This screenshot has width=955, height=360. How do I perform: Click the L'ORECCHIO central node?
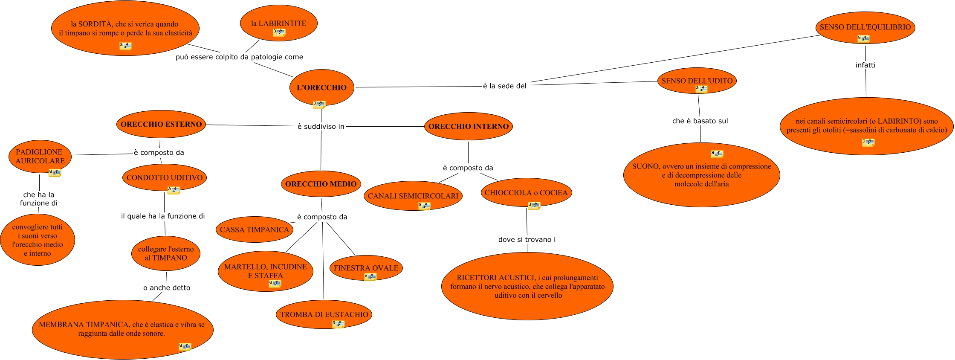tap(321, 87)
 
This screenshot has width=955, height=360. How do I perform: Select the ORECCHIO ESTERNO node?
tap(161, 125)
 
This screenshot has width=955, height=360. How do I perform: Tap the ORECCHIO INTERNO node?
tap(468, 126)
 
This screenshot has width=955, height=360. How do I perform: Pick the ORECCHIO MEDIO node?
tap(321, 184)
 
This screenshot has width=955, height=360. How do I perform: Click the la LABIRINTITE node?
tap(279, 23)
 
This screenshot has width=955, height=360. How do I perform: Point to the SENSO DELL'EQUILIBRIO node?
tap(865, 27)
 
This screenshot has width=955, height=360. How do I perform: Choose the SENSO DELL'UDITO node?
tap(697, 81)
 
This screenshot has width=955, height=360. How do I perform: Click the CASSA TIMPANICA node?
tap(254, 229)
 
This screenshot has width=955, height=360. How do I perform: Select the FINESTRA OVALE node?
tap(366, 268)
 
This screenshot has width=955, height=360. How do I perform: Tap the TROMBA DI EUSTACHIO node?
tap(324, 314)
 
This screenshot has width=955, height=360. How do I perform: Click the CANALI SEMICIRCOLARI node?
tap(413, 196)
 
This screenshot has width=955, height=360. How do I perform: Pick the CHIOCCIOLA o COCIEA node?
tap(526, 192)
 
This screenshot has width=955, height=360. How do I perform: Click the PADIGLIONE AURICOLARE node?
tap(40, 156)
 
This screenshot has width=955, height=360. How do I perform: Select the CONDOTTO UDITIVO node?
tap(165, 177)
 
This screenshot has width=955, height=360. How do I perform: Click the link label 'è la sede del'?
tap(504, 86)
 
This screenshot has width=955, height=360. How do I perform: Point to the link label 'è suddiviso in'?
tap(321, 126)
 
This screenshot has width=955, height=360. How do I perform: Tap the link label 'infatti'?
tap(865, 65)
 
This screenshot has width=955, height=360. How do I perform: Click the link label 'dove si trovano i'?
tap(527, 239)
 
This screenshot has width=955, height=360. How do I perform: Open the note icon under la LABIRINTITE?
tap(279, 32)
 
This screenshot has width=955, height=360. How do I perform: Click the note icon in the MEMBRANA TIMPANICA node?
tap(185, 347)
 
